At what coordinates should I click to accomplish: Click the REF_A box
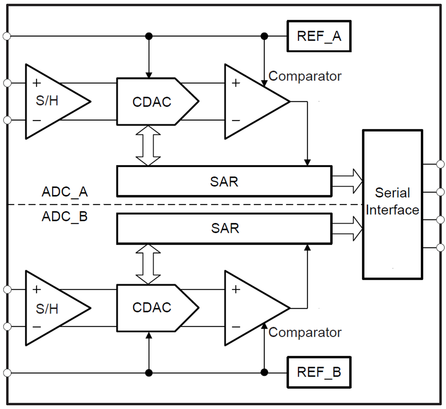319,37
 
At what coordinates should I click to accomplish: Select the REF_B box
319,372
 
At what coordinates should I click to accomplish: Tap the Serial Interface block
392,204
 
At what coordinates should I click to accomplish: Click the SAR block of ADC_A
224,181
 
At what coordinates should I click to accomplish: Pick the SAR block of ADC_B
224,228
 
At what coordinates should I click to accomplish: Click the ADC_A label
64,192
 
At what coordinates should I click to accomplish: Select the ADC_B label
64,217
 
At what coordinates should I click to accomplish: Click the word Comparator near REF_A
305,76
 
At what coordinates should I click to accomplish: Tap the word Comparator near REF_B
305,332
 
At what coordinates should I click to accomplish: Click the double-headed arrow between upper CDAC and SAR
148,145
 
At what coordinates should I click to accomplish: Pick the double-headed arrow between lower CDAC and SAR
148,264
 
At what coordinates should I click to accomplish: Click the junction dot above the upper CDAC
149,37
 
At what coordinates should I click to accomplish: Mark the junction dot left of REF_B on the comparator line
264,372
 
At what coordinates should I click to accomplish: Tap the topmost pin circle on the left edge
6,37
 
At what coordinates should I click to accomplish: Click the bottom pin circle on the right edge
440,248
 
